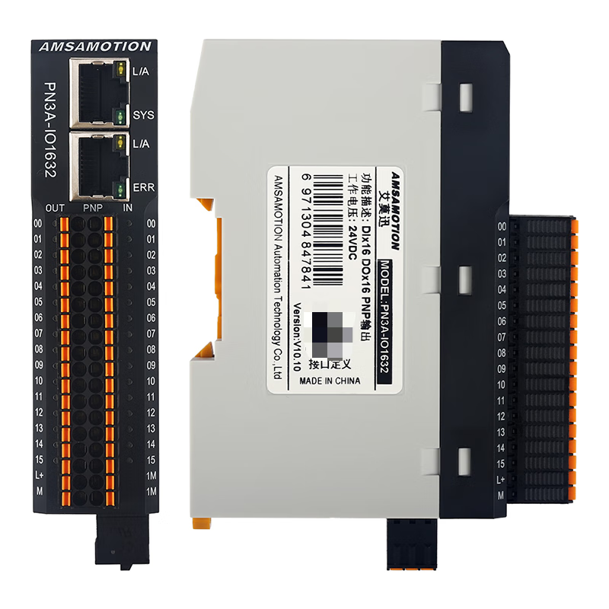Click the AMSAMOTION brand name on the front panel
[x=95, y=46]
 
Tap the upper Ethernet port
[x=94, y=93]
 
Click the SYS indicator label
[x=143, y=116]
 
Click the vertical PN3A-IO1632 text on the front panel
[x=51, y=130]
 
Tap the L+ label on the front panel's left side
[x=38, y=476]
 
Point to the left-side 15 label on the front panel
[x=38, y=460]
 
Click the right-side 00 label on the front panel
[x=151, y=224]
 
